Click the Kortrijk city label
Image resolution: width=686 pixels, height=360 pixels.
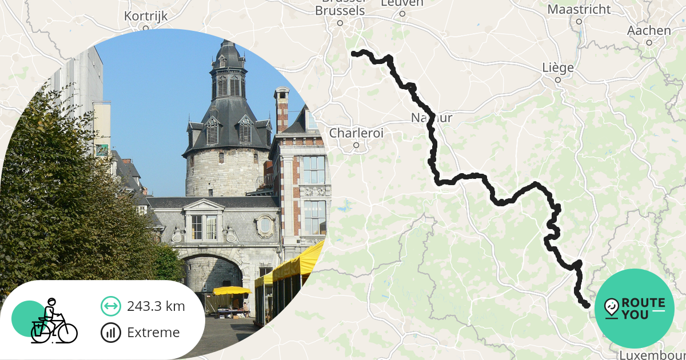146,16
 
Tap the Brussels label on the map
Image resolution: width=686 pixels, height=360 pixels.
340,11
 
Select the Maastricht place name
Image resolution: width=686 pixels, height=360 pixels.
579,10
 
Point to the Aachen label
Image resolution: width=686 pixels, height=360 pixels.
649,31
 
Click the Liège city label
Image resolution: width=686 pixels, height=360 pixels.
557,68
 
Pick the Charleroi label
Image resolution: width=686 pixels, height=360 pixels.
356,133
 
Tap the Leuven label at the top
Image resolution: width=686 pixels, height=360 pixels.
402,3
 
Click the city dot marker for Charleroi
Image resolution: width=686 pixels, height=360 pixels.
356,145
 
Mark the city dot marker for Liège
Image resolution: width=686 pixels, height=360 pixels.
558,80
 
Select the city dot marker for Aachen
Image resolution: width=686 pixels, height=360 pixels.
649,42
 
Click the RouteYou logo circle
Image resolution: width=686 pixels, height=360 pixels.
634,309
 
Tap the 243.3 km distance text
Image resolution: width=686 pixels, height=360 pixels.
156,306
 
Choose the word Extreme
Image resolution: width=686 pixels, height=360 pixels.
153,333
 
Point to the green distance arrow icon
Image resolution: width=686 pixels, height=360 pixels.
110,306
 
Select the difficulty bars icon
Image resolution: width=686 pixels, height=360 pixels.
110,333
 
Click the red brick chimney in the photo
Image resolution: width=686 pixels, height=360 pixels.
281,109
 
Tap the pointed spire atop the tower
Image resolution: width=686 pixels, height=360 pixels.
228,49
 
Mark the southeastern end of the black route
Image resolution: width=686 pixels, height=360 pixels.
587,306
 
